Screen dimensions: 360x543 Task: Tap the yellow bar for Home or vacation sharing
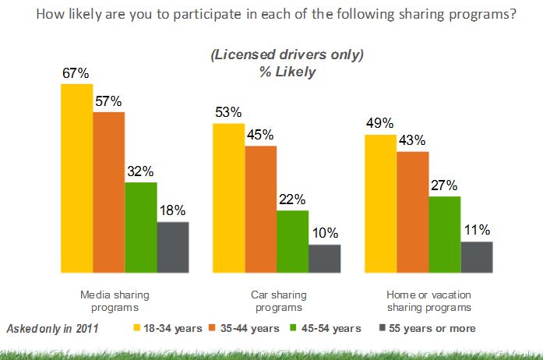point(380,203)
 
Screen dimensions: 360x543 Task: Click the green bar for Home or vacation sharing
point(445,234)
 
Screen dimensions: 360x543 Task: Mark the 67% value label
point(76,73)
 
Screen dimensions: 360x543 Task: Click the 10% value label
point(325,233)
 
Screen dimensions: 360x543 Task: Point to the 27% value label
point(445,185)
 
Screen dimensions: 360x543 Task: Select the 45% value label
point(261,135)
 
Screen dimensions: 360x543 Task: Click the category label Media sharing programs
point(115,301)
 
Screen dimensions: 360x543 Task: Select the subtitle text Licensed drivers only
point(287,56)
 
